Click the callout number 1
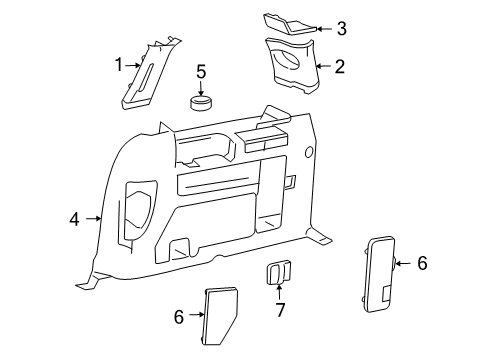(x=119, y=65)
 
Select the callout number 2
(x=339, y=66)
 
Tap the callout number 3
(x=341, y=28)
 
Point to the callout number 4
(x=75, y=219)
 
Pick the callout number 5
(x=201, y=72)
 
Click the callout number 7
(x=280, y=310)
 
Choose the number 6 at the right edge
(x=422, y=263)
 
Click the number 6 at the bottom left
(x=179, y=317)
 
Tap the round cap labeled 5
(x=201, y=103)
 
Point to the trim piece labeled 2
(x=292, y=65)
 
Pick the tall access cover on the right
(x=380, y=274)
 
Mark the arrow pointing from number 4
(x=94, y=219)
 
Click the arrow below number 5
(x=201, y=89)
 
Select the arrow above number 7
(x=279, y=291)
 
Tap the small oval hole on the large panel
(x=309, y=152)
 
